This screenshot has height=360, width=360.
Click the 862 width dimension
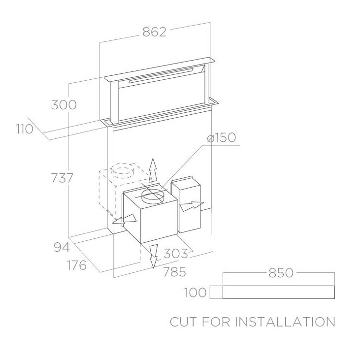[x=154, y=32]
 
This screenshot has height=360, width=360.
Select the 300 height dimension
[x=64, y=105]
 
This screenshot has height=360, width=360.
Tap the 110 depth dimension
[x=25, y=129]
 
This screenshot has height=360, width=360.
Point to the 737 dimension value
[x=62, y=178]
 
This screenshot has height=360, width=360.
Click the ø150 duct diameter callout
[x=221, y=138]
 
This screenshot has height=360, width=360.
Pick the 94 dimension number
[x=62, y=247]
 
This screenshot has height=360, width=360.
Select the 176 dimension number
[x=77, y=265]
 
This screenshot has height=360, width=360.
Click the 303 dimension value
[x=176, y=254]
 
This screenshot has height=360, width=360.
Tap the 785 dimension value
[x=174, y=272]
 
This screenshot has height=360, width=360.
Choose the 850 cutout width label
[x=281, y=273]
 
